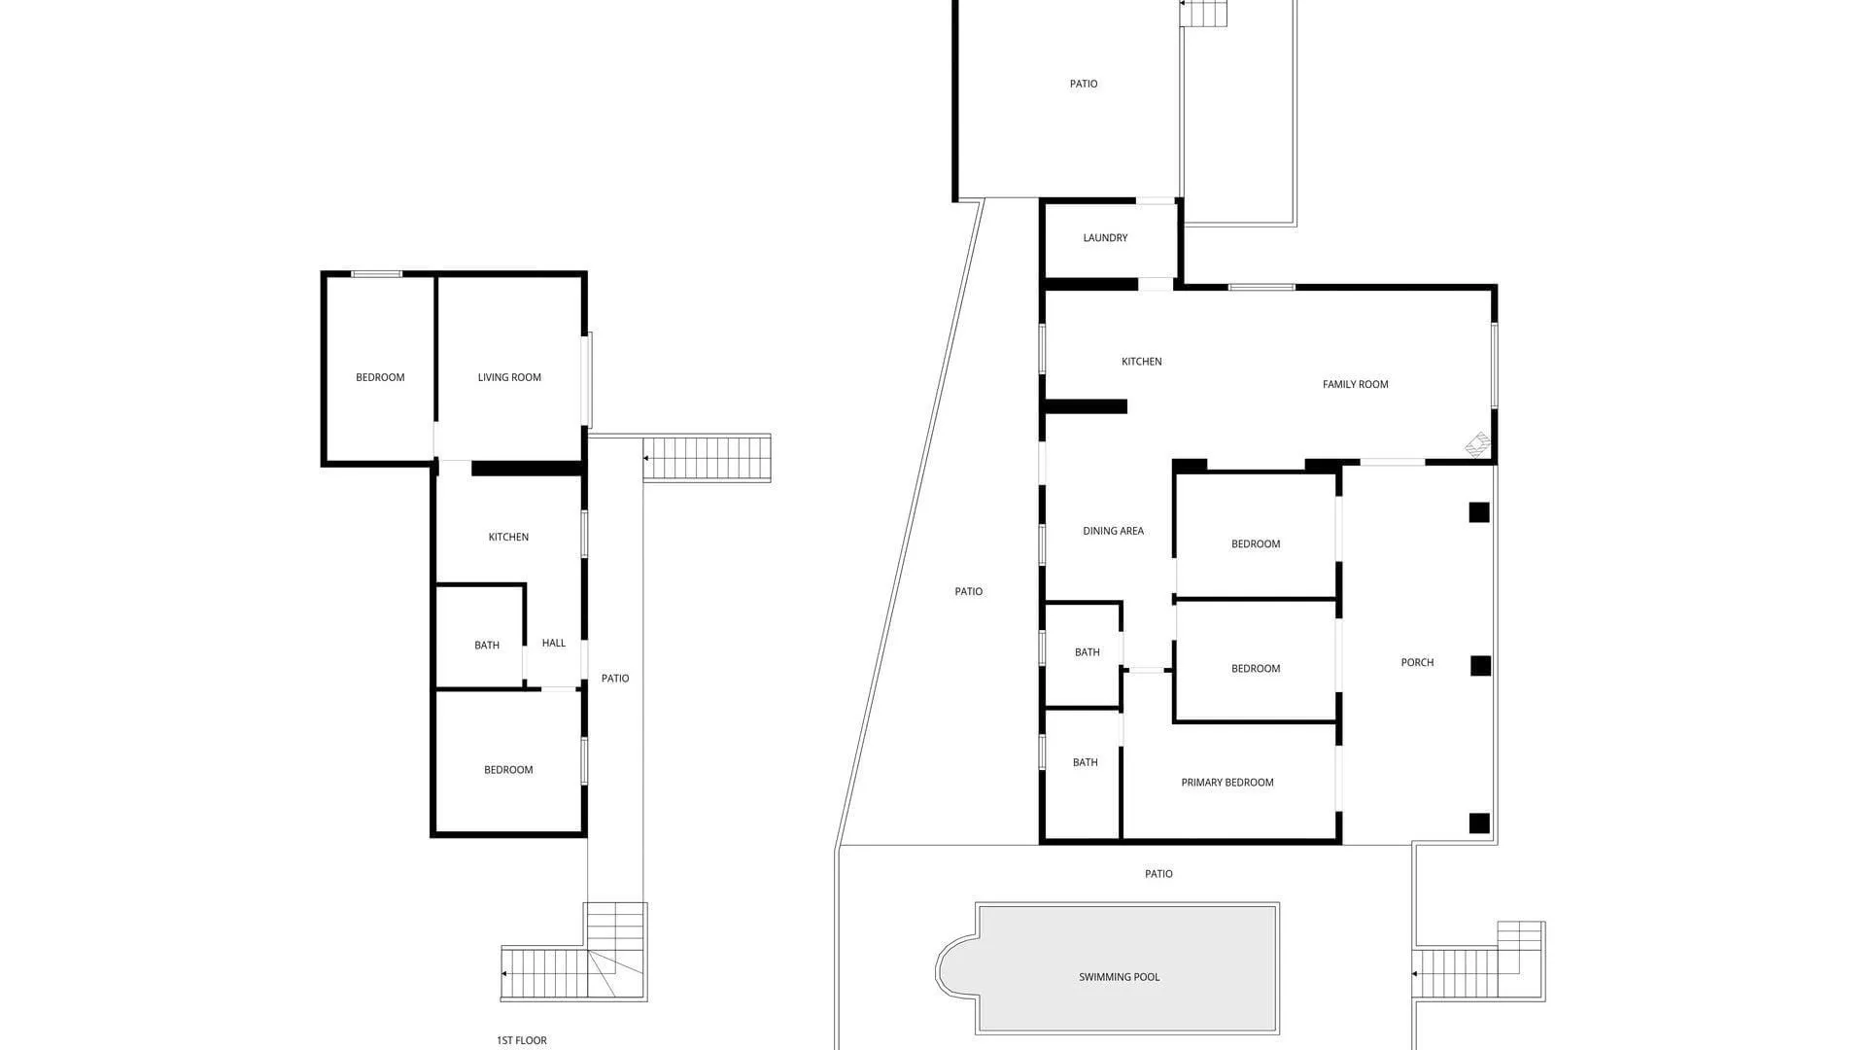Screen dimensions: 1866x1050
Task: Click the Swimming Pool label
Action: (x=1119, y=977)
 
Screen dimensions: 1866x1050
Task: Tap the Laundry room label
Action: (x=1105, y=238)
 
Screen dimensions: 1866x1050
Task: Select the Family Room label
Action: (x=1355, y=384)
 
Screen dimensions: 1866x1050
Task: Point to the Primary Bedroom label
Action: (x=1227, y=783)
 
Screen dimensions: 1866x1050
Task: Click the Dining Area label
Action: (x=1113, y=531)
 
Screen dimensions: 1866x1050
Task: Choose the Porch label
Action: (x=1417, y=662)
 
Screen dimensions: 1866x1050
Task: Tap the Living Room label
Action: (x=509, y=377)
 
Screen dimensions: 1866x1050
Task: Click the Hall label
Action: (x=553, y=643)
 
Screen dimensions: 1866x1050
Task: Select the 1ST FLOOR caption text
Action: (x=522, y=1040)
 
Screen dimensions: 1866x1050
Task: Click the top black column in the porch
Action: (x=1478, y=511)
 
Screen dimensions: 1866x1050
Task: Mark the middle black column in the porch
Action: (x=1480, y=665)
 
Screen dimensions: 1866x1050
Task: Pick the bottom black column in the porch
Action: (x=1478, y=823)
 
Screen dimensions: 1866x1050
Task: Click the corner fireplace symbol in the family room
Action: (x=1478, y=445)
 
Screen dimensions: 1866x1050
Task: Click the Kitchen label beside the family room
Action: (x=1141, y=362)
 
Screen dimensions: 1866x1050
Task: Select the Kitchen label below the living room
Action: (x=508, y=537)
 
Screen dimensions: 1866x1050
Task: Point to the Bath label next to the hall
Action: (x=487, y=646)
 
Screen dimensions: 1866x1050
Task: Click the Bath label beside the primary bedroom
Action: (x=1085, y=763)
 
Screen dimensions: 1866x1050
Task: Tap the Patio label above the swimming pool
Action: (x=1158, y=874)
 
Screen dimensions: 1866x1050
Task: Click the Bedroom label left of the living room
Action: (x=380, y=377)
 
